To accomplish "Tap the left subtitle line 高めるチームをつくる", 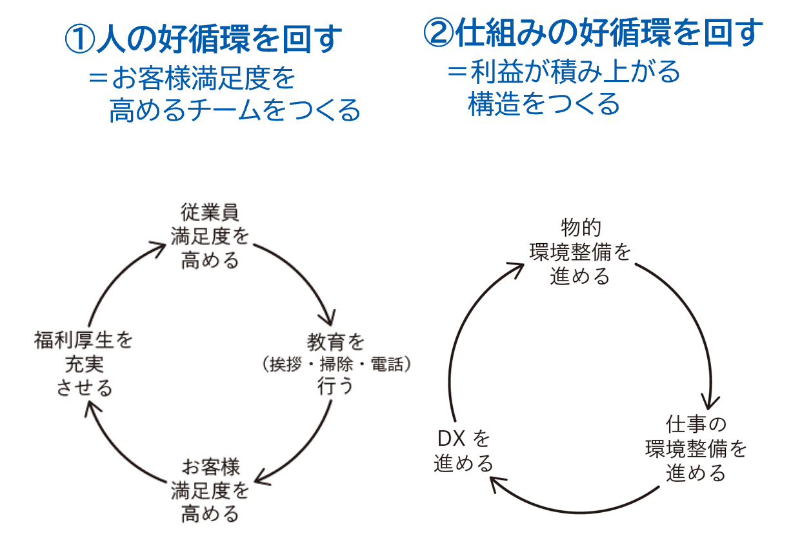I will click(x=234, y=110).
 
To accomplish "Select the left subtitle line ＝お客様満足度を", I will click(x=192, y=79).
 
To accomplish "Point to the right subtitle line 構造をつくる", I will click(x=543, y=104).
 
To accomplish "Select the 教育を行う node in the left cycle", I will click(x=335, y=364).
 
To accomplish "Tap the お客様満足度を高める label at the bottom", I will click(x=210, y=490).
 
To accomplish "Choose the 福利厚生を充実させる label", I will click(x=83, y=364).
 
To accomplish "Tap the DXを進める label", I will click(x=464, y=451).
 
